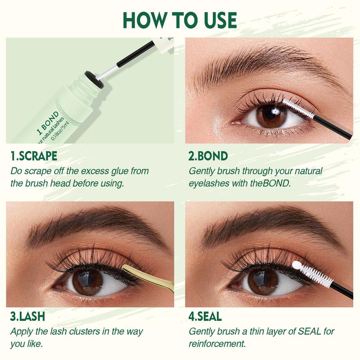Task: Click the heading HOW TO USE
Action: [180, 20]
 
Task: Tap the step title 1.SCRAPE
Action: [34, 156]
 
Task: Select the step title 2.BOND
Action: [208, 156]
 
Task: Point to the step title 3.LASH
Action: [27, 316]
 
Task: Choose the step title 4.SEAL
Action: [205, 316]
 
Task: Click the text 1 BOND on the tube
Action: [48, 123]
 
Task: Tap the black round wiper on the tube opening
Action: [94, 80]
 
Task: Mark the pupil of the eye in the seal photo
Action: [264, 280]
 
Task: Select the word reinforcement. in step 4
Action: [217, 344]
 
